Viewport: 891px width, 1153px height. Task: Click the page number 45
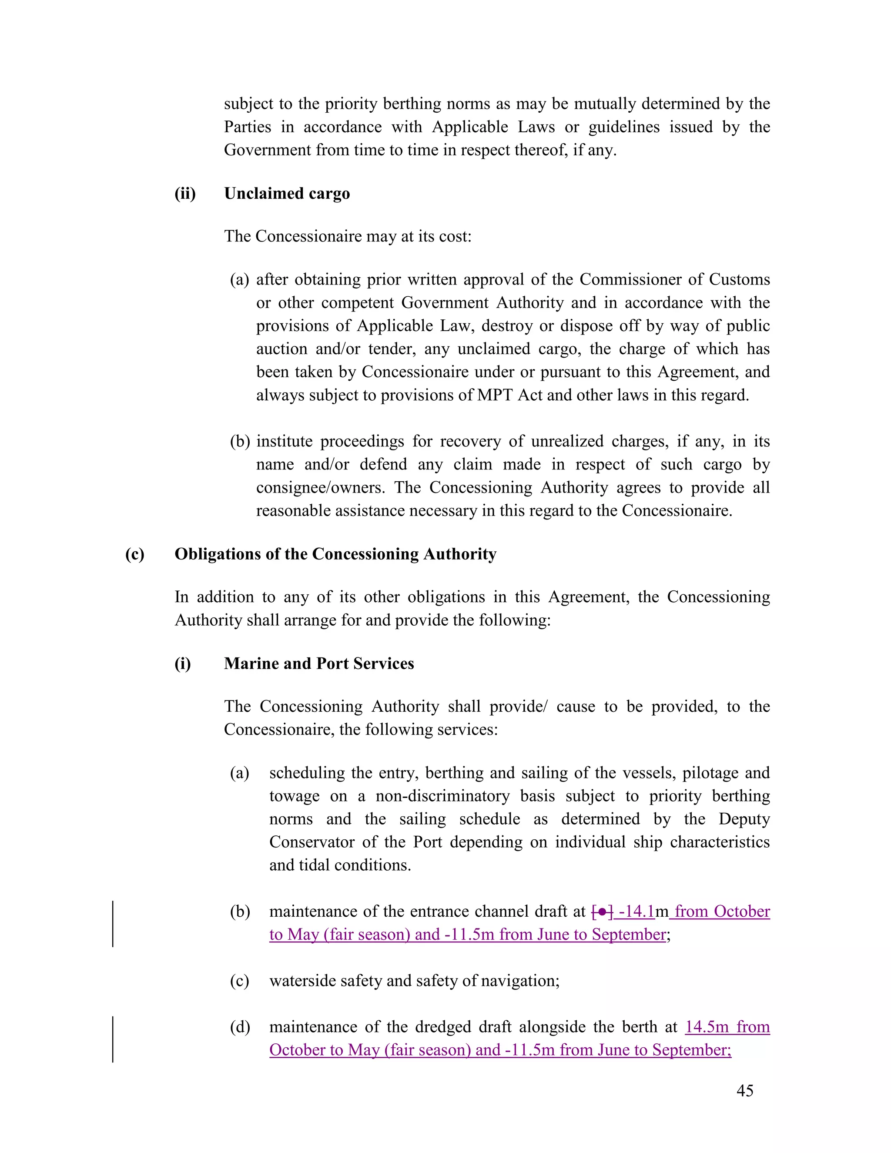[744, 1091]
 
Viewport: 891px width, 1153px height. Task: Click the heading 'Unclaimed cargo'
[287, 193]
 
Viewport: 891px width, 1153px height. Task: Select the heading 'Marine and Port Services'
[319, 663]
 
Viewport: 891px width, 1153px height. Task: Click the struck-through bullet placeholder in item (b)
[602, 912]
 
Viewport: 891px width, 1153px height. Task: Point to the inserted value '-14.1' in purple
[636, 912]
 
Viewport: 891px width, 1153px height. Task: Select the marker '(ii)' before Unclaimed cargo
[185, 193]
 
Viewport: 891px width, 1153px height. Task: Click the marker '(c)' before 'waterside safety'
[239, 981]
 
